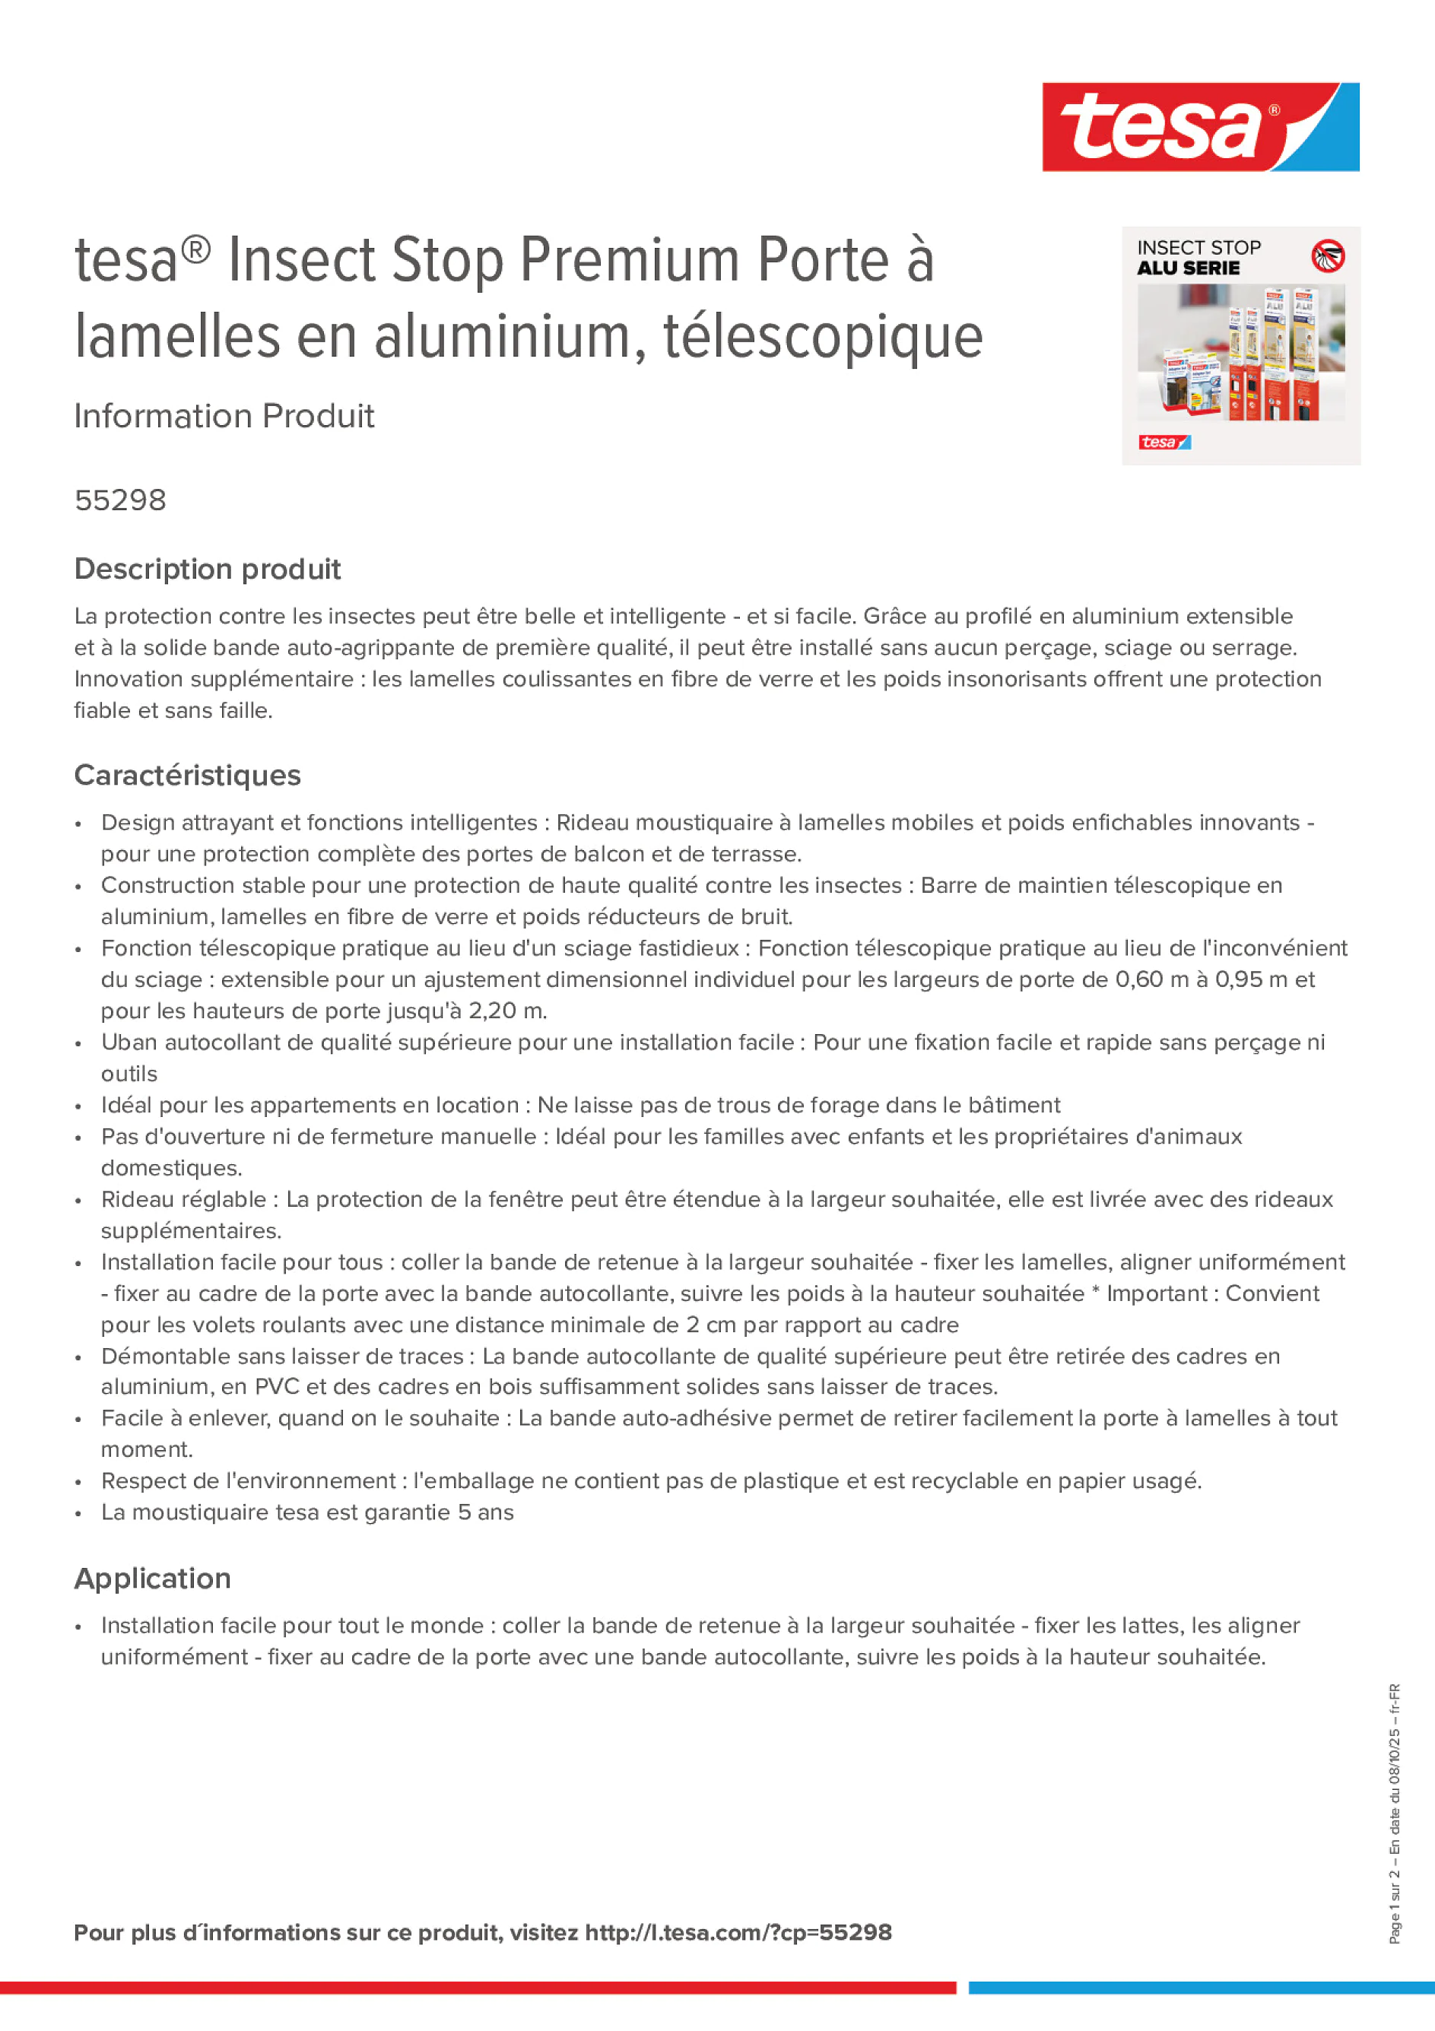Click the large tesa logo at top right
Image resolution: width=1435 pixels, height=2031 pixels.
1200,128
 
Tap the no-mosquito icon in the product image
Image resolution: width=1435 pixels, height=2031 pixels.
1327,256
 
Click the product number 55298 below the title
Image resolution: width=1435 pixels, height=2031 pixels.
120,500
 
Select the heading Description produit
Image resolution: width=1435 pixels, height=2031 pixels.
207,570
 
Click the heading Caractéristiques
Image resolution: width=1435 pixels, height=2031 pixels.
188,776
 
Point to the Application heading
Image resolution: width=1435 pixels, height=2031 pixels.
152,1579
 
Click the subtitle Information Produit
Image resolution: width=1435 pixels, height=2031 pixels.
224,417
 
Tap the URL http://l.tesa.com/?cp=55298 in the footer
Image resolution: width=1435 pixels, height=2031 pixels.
738,1933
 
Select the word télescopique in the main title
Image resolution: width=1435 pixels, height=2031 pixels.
823,338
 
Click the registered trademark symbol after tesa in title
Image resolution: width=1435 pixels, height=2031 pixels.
196,249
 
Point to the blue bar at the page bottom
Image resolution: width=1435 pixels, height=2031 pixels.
1201,1988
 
